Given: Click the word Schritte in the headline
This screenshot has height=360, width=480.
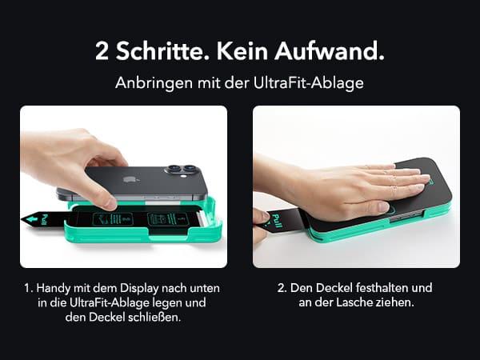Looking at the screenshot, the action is point(159,51).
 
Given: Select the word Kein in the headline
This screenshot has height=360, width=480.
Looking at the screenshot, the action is point(242,51).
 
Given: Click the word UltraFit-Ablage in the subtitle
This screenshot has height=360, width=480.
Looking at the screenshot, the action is point(309,83).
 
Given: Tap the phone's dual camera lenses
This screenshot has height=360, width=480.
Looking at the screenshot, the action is point(182,169).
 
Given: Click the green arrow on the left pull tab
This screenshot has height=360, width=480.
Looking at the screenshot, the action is point(32,220).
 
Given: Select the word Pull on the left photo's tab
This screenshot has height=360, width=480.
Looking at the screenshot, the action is point(45,220).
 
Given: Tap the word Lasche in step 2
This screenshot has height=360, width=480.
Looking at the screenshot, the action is point(354,302).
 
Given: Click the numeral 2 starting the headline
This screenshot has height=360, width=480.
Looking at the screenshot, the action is point(102,51).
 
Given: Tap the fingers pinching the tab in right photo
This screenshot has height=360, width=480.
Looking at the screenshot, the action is point(261,225).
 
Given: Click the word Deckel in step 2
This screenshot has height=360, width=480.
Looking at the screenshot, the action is point(334,288).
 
